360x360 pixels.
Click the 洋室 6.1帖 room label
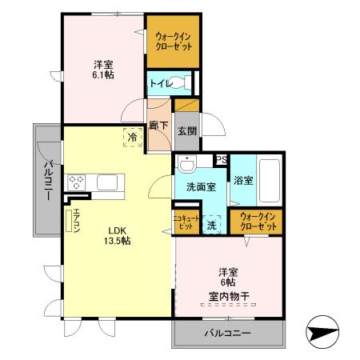click(x=102, y=69)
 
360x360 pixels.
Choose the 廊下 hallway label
click(x=158, y=126)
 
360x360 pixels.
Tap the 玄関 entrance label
click(x=186, y=131)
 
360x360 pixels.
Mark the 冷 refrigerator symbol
click(x=131, y=138)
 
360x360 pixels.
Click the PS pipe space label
click(x=221, y=159)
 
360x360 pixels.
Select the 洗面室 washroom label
click(x=201, y=186)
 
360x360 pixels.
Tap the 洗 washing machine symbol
click(x=212, y=224)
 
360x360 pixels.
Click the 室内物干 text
click(x=229, y=297)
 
